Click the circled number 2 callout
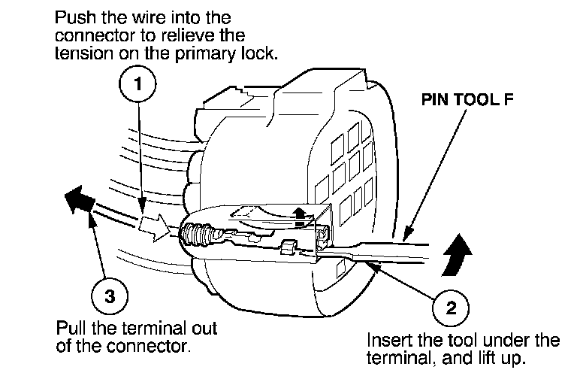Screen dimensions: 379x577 (x=449, y=306)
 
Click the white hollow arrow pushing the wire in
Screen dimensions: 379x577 (x=155, y=223)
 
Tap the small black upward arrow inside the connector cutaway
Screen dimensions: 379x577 (x=301, y=214)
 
